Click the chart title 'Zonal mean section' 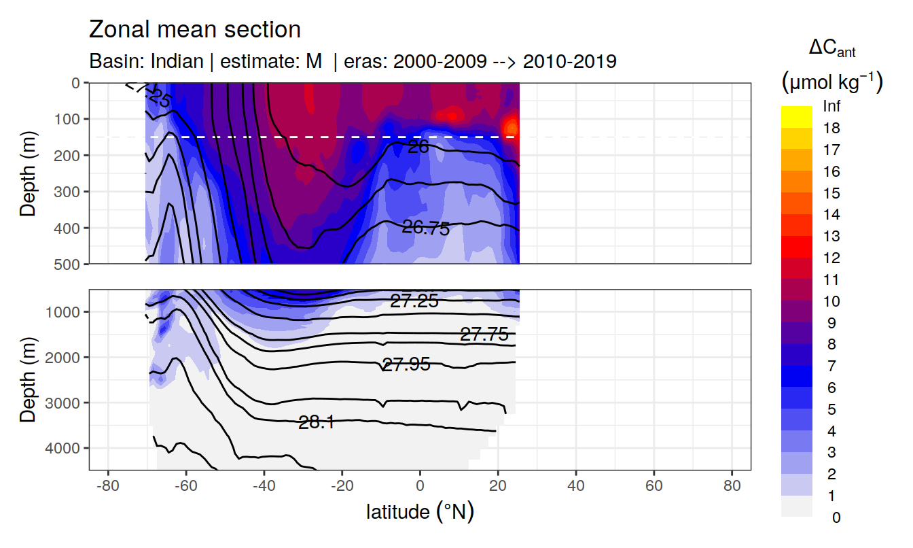194,30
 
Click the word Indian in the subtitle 177,61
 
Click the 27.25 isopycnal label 414,301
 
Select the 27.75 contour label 484,334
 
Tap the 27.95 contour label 406,364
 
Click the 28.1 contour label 316,422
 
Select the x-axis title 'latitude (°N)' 420,511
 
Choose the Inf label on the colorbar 831,107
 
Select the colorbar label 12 831,258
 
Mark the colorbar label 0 836,517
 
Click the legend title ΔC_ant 831,48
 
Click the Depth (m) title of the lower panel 28,378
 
